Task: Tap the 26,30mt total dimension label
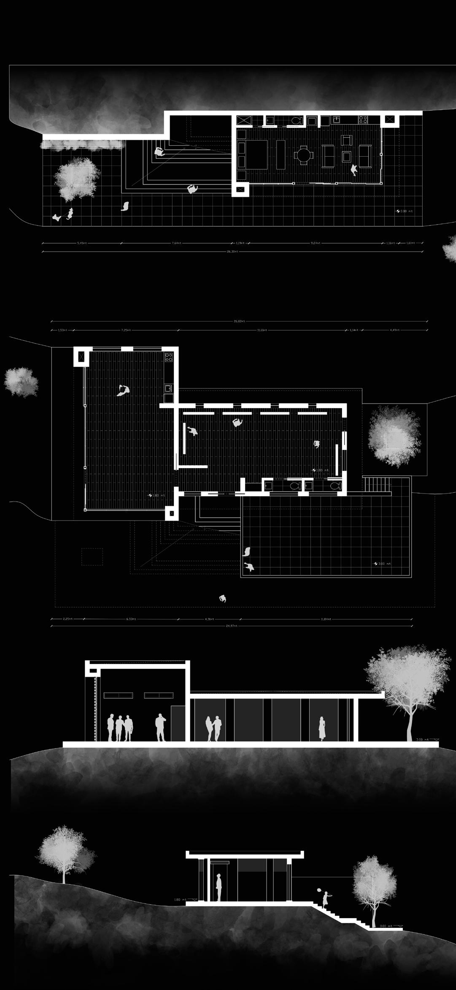[x=232, y=252]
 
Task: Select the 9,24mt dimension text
[x=316, y=243]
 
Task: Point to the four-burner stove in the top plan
[x=364, y=120]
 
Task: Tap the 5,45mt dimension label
[x=82, y=243]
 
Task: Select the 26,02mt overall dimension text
[x=239, y=321]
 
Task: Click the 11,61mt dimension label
[x=262, y=330]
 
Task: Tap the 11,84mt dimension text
[x=326, y=619]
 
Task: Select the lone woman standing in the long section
[x=322, y=728]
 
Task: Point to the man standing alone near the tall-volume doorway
[x=160, y=727]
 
